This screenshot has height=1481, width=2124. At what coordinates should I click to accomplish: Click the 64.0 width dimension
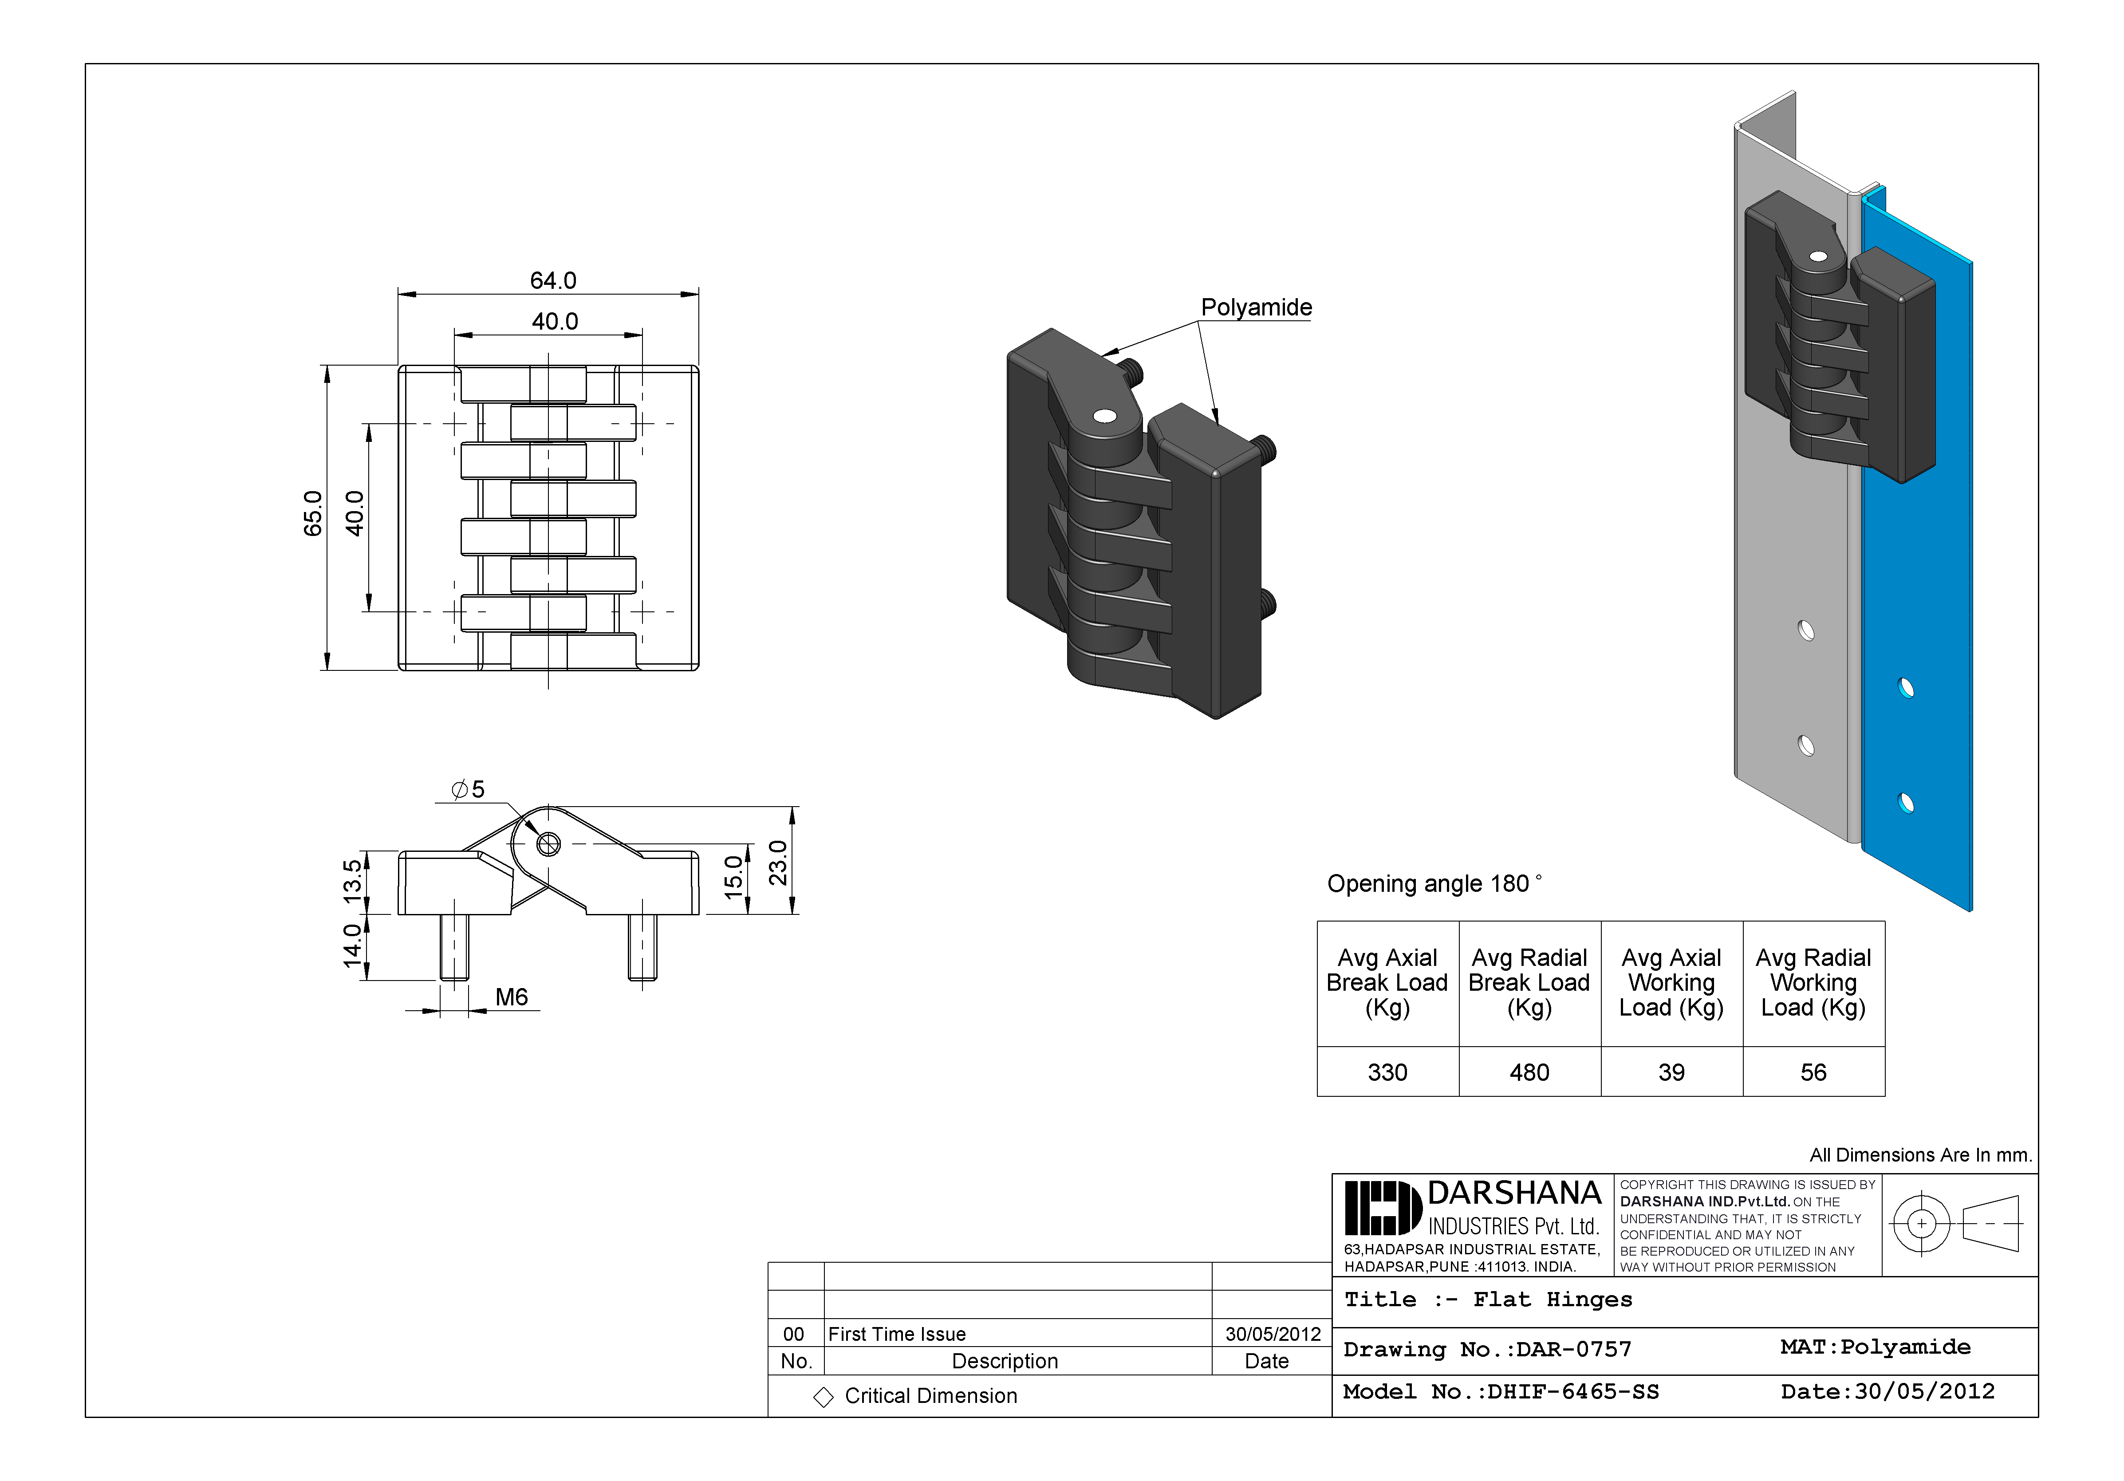tap(552, 280)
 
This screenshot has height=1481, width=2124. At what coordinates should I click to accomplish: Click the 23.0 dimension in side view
tap(779, 862)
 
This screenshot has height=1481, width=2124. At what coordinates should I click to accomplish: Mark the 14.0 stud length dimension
tap(352, 945)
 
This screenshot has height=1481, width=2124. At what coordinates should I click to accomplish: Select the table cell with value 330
tap(1387, 1072)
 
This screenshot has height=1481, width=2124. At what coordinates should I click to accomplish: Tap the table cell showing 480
tap(1529, 1072)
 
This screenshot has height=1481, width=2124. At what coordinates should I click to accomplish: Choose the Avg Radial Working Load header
tap(1813, 982)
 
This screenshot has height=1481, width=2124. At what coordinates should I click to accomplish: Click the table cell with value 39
tap(1671, 1072)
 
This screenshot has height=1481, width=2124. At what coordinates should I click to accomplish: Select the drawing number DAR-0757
tap(1486, 1350)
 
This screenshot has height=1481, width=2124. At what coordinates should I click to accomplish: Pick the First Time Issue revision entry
tap(896, 1334)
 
